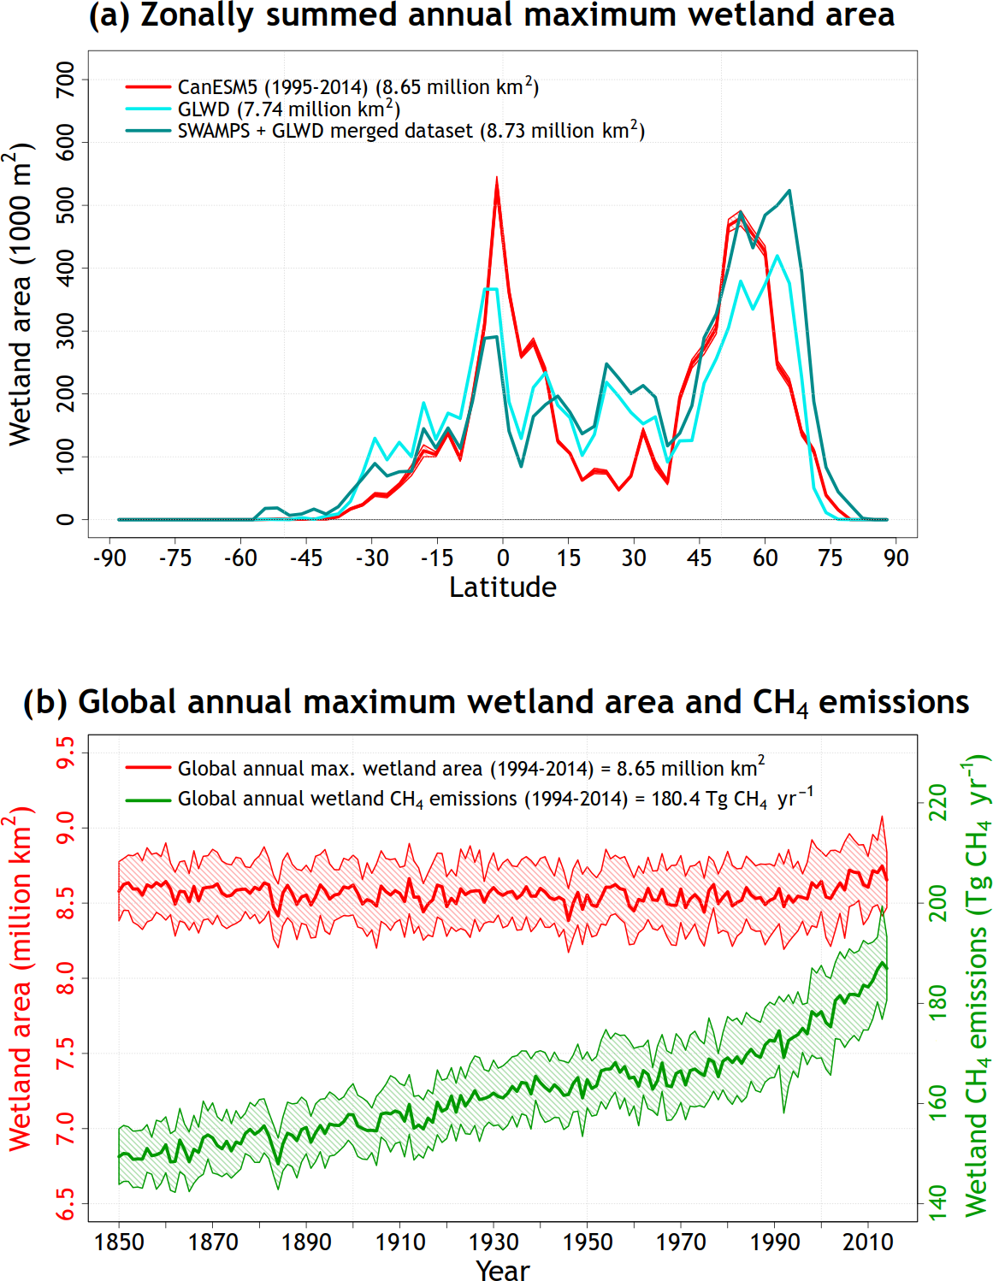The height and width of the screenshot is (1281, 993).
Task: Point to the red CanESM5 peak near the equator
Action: (497, 180)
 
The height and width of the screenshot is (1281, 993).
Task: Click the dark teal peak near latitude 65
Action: (789, 191)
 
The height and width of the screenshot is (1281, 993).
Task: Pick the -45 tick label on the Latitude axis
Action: (305, 558)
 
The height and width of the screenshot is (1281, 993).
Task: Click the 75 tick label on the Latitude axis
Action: (830, 558)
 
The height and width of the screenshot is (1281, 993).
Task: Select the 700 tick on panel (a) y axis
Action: (65, 80)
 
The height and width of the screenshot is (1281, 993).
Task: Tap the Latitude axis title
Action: (502, 587)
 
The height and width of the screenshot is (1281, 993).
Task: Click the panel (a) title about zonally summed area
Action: (492, 15)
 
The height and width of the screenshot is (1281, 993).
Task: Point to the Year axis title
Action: (502, 1270)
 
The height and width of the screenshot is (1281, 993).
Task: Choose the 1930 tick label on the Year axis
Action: (494, 1242)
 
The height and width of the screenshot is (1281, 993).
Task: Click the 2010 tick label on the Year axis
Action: (867, 1242)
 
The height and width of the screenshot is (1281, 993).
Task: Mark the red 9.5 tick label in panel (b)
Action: (65, 753)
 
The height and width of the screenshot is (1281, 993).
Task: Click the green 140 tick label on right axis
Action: (939, 1202)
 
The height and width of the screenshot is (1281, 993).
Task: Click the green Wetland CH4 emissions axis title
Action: (976, 983)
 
